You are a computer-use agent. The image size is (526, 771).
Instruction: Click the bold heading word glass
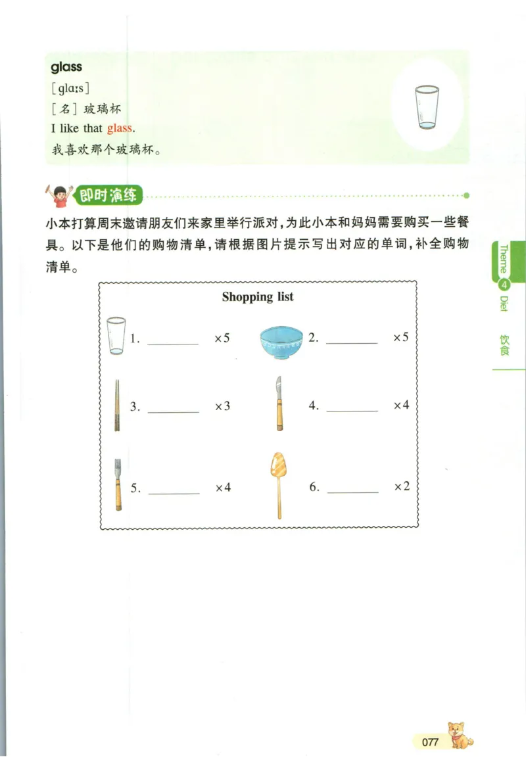click(x=66, y=66)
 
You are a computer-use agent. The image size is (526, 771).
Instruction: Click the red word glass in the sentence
click(x=119, y=128)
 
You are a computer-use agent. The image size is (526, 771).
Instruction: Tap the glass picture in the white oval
click(x=427, y=107)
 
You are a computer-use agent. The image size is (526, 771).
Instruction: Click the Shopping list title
click(x=258, y=296)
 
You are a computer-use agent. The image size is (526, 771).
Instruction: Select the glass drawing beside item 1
click(x=116, y=335)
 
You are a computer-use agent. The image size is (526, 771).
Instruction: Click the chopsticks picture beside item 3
click(x=117, y=405)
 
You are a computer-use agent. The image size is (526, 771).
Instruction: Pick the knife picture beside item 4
click(x=279, y=404)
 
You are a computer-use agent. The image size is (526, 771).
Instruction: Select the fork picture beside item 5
click(x=118, y=484)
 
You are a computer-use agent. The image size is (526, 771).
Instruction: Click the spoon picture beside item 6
click(x=277, y=484)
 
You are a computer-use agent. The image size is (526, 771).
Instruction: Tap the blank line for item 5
click(x=174, y=492)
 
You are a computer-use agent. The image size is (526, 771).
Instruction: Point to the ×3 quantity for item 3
click(x=222, y=406)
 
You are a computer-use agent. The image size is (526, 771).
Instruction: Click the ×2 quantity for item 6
click(x=401, y=486)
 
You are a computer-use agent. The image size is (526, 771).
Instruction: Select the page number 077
click(x=430, y=742)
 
